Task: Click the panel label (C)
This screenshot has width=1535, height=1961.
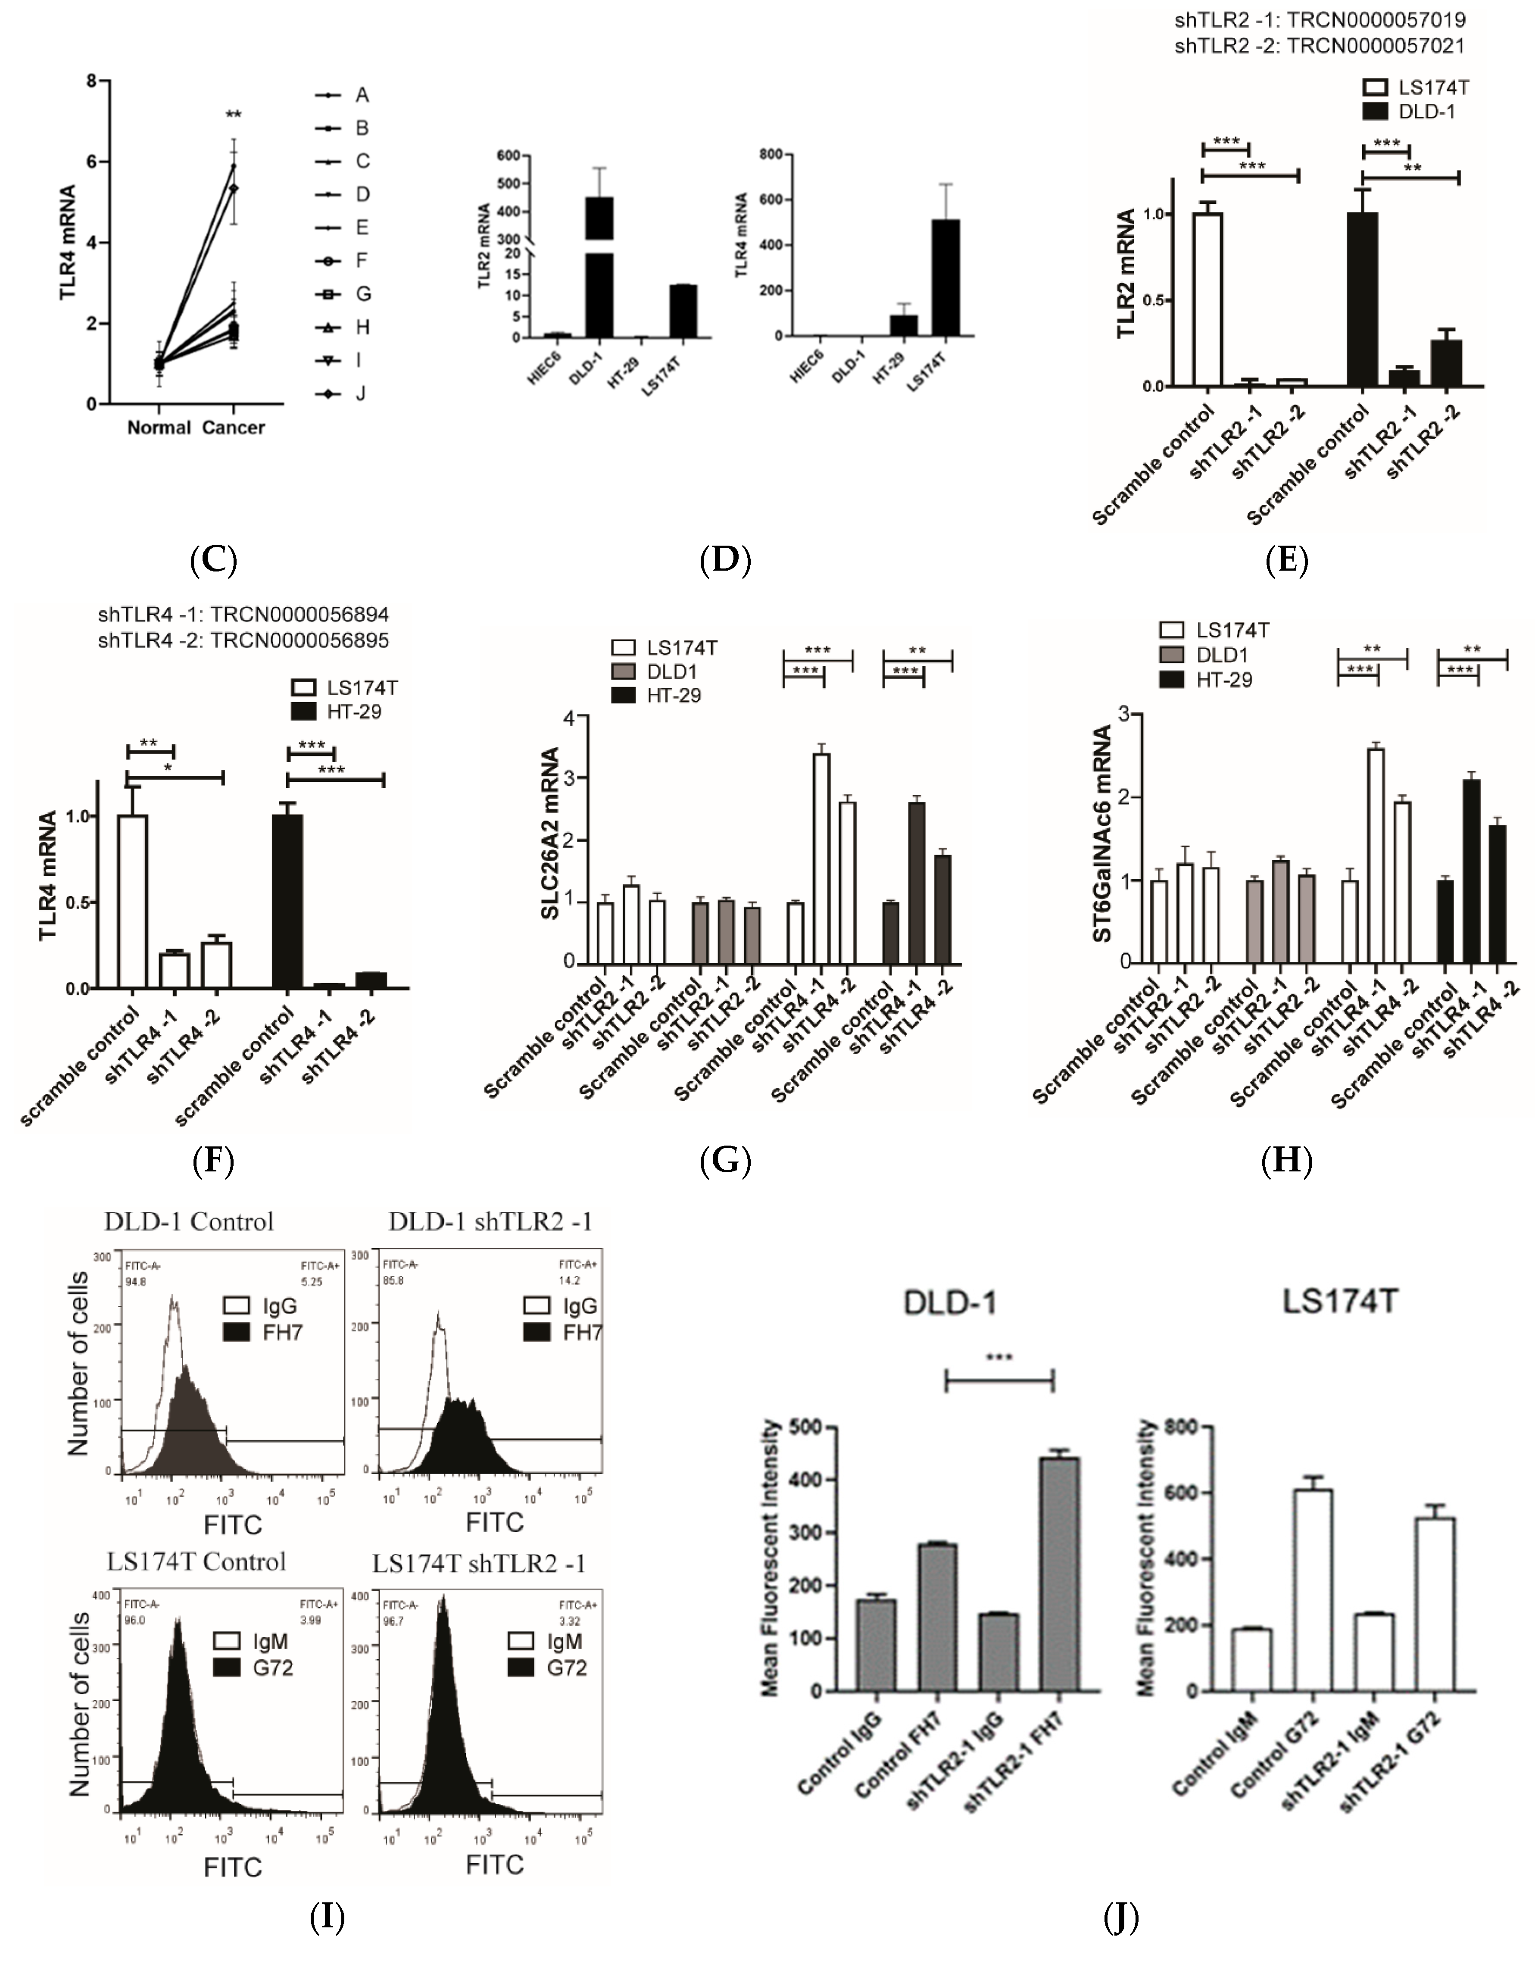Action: coord(214,560)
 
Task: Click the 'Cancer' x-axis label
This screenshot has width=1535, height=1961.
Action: coord(234,428)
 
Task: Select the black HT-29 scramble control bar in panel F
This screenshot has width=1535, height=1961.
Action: coord(287,901)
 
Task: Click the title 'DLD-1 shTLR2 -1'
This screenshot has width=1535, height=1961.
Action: coord(491,1221)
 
